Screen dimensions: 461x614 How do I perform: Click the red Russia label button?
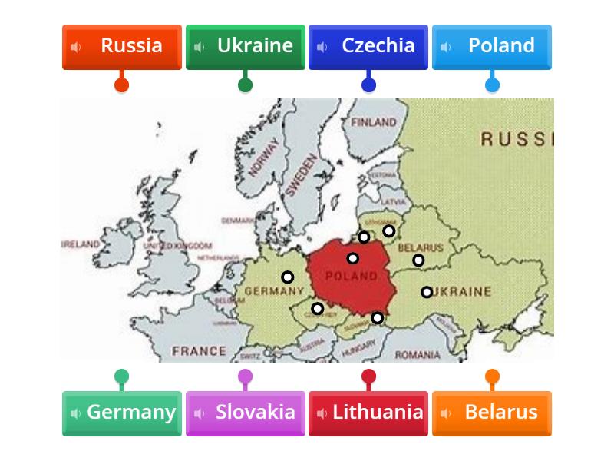click(x=121, y=46)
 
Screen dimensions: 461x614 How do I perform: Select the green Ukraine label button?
click(x=245, y=46)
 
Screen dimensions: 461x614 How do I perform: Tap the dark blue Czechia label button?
click(x=368, y=46)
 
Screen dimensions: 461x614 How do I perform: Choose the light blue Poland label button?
click(x=492, y=46)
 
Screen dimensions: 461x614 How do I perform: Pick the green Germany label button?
click(x=121, y=413)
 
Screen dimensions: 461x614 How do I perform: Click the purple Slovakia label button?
click(x=245, y=413)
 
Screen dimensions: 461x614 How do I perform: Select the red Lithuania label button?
click(x=368, y=413)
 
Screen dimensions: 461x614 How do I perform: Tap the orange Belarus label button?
click(x=492, y=413)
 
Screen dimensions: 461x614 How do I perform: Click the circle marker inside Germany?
click(x=287, y=277)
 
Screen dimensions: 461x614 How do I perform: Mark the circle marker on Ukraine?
click(x=427, y=292)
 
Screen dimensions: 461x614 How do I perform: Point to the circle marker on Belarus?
click(x=418, y=260)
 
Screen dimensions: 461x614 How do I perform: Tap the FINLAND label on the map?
click(x=374, y=122)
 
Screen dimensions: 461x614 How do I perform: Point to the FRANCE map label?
click(x=199, y=351)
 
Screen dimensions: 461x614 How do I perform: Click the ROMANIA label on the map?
click(x=418, y=355)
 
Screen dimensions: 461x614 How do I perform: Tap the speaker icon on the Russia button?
click(x=76, y=47)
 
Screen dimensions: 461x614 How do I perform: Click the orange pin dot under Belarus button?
click(x=492, y=376)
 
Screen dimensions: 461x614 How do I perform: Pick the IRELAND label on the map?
click(x=81, y=244)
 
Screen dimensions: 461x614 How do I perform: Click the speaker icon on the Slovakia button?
click(x=200, y=413)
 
